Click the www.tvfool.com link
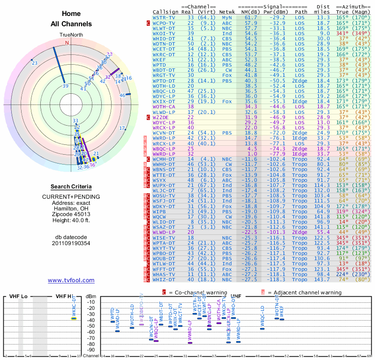point(71,280)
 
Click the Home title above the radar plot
point(71,14)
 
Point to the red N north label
point(67,43)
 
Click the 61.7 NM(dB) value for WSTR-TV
point(251,17)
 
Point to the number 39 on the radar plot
point(65,86)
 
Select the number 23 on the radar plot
point(35,63)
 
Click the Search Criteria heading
point(71,186)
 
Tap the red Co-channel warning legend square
point(164,292)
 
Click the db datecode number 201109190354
point(71,243)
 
